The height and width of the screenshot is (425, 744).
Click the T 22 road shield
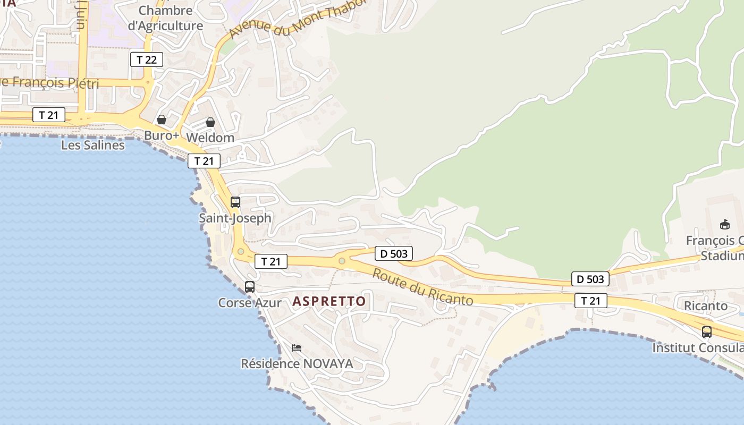pos(147,59)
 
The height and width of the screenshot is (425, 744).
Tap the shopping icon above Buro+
pos(162,120)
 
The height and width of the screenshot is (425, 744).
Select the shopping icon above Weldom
pos(210,122)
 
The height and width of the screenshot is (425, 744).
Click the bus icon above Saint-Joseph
pos(235,202)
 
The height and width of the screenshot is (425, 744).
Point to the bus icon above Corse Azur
pos(250,287)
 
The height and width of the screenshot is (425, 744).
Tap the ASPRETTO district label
pos(329,301)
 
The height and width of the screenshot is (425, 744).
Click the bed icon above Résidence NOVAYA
pos(297,348)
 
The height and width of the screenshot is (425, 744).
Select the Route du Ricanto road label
pos(422,287)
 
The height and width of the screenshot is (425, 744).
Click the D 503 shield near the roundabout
pos(394,254)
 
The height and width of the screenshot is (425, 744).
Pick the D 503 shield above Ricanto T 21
pos(590,278)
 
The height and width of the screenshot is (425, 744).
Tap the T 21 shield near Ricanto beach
pos(590,301)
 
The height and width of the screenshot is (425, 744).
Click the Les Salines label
pos(93,145)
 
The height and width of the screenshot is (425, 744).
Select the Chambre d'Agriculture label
pos(165,18)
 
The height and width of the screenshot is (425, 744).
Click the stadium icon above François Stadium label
pos(725,225)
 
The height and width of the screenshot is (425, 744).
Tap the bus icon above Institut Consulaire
pos(706,332)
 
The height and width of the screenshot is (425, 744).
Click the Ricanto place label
pos(706,306)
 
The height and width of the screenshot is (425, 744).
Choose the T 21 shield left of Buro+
pos(49,115)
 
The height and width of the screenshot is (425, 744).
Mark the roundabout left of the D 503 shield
pos(342,261)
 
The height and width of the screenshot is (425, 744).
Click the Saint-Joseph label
pos(235,218)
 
